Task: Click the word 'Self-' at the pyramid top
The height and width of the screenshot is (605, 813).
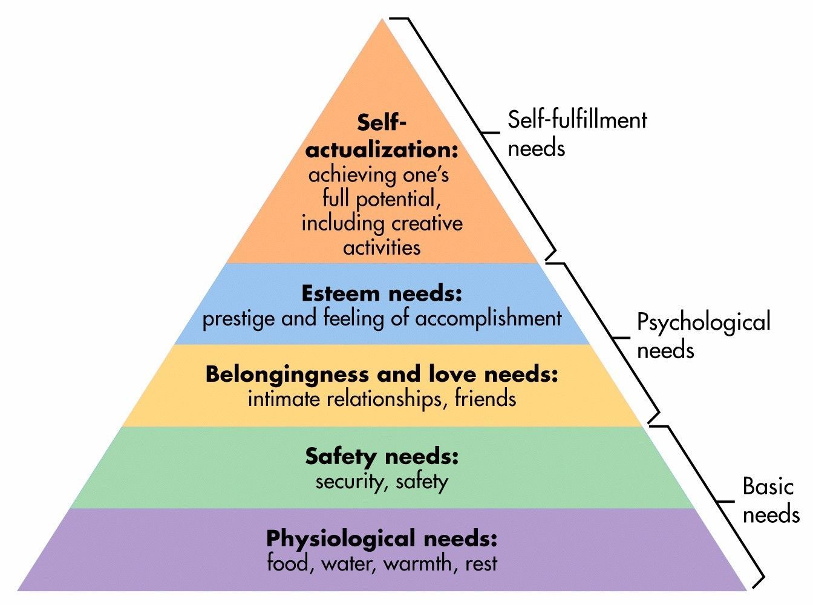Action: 381,123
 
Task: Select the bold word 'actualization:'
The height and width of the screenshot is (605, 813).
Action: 381,149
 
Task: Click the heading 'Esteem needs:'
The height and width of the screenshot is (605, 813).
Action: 382,294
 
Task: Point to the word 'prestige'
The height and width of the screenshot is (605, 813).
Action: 239,319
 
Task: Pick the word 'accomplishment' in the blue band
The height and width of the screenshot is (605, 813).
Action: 488,319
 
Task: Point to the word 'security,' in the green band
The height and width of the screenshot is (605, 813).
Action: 353,482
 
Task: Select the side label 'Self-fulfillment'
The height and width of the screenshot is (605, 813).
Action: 577,120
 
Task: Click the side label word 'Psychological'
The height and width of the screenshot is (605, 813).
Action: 704,322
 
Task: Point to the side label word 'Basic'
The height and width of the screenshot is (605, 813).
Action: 768,486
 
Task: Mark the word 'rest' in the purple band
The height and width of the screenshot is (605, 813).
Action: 482,564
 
